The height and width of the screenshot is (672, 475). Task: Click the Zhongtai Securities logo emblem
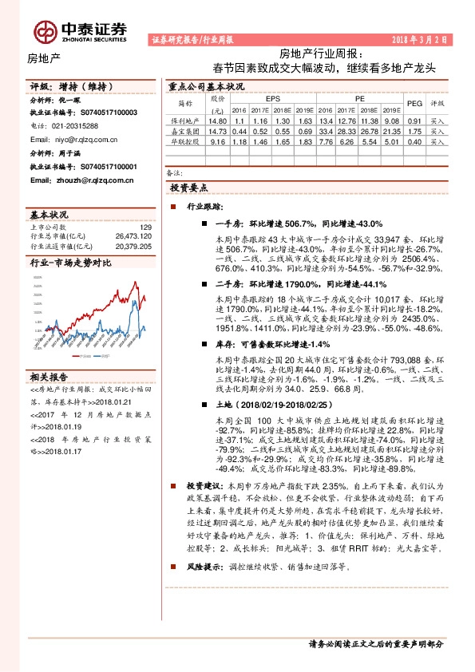45,30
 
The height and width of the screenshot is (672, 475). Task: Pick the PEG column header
414,104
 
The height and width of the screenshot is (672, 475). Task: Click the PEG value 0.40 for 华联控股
414,141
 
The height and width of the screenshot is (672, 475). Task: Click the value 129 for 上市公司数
145,228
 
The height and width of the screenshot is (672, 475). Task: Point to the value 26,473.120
133,237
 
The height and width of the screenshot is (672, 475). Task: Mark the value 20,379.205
133,247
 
